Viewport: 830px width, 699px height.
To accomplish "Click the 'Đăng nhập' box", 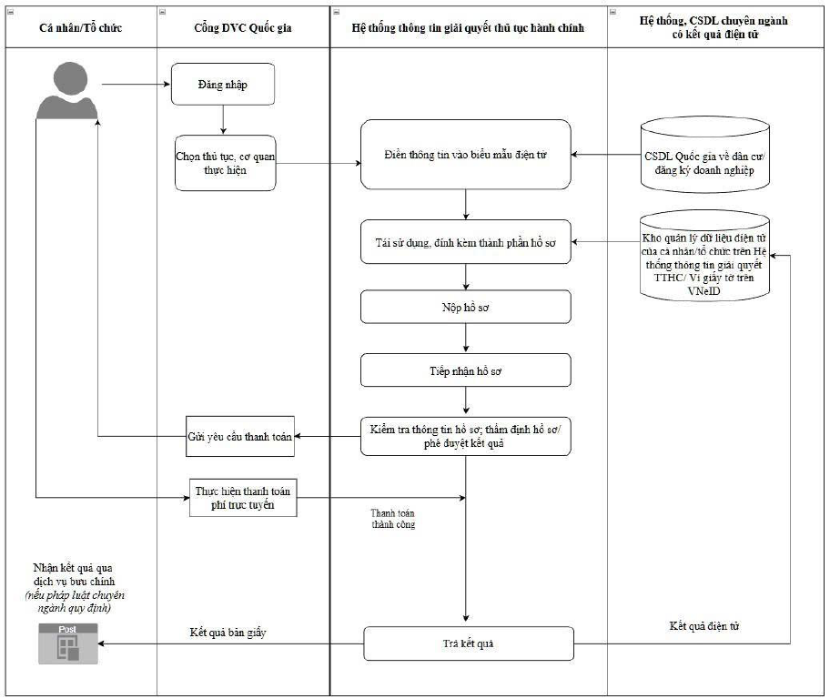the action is pyautogui.click(x=223, y=85).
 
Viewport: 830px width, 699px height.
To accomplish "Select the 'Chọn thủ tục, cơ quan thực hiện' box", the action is pyautogui.click(x=226, y=163).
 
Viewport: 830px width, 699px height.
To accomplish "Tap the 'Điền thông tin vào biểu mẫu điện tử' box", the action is pyautogui.click(x=466, y=155).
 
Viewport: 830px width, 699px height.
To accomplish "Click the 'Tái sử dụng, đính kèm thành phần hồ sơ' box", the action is pyautogui.click(x=466, y=242).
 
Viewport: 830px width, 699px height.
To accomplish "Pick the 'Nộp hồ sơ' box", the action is pyautogui.click(x=466, y=307).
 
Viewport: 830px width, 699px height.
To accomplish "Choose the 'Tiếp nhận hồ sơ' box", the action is pyautogui.click(x=466, y=370).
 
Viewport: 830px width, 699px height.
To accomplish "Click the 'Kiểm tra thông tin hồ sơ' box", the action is pyautogui.click(x=466, y=436).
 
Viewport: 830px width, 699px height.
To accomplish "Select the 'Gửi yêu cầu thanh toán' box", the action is pyautogui.click(x=239, y=436).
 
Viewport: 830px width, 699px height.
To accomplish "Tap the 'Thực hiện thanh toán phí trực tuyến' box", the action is pyautogui.click(x=243, y=498).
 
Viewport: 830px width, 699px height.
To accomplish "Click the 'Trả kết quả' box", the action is pyautogui.click(x=469, y=643).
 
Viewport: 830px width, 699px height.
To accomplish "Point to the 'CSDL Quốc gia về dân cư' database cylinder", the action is pyautogui.click(x=704, y=154).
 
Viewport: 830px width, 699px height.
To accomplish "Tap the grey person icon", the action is pyautogui.click(x=67, y=91).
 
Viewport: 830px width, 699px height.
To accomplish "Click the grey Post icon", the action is pyautogui.click(x=67, y=643).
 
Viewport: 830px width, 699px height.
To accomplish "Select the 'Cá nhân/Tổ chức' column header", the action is pyautogui.click(x=81, y=27).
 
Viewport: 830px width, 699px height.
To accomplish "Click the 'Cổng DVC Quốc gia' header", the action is pyautogui.click(x=243, y=27).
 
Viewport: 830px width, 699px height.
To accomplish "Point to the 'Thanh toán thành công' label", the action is pyautogui.click(x=393, y=519).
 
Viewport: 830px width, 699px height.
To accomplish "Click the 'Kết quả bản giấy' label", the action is pyautogui.click(x=228, y=633).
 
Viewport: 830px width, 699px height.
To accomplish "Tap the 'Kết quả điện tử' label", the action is pyautogui.click(x=704, y=626).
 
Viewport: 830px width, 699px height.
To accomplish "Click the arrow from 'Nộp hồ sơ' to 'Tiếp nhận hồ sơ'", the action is pyautogui.click(x=466, y=339).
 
